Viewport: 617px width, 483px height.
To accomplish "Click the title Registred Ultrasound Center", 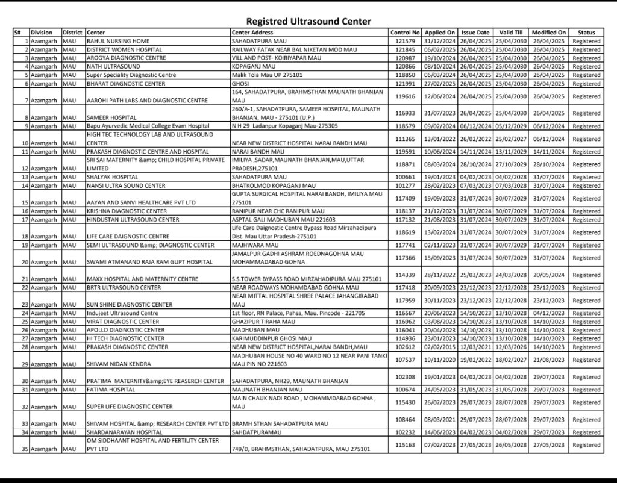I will (308, 22).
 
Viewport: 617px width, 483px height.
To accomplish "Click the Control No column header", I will (405, 32).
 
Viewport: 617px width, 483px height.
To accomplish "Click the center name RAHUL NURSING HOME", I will (114, 40).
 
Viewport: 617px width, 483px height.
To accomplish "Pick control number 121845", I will (405, 49).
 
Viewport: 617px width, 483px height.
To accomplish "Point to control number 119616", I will (405, 96).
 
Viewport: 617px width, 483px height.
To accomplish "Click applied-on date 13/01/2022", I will (439, 139).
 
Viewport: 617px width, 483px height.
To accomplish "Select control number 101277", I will (405, 185).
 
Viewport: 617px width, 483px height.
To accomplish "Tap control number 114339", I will (405, 275).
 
